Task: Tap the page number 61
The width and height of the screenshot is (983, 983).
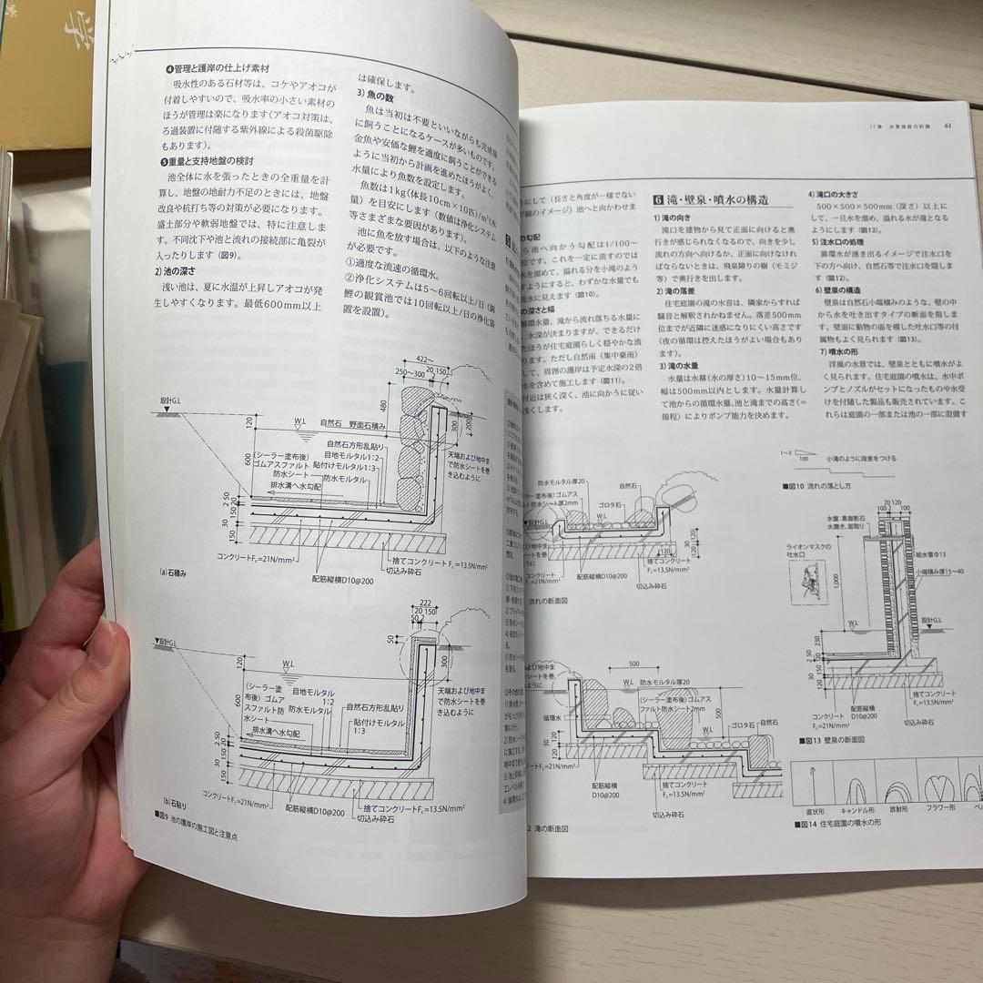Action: point(948,127)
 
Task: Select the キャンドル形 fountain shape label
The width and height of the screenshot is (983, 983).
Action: point(853,806)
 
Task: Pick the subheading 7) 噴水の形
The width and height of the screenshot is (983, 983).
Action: point(835,352)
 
